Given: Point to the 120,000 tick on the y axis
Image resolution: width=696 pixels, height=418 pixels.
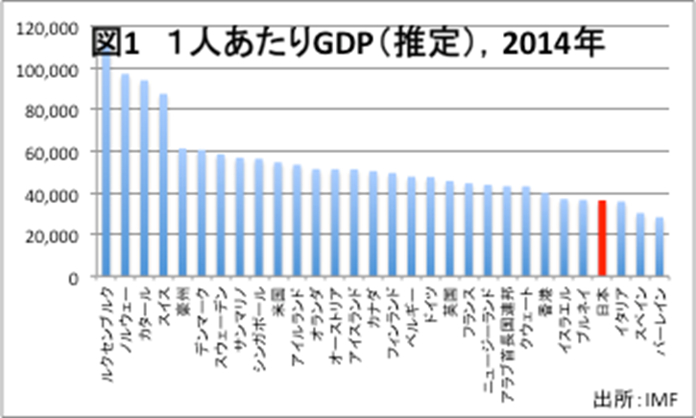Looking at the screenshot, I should coord(46,30).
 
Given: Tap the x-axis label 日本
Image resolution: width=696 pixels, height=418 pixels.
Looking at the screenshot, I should coord(603,298).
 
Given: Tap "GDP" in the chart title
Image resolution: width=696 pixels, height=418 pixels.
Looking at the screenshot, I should coord(350,43).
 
